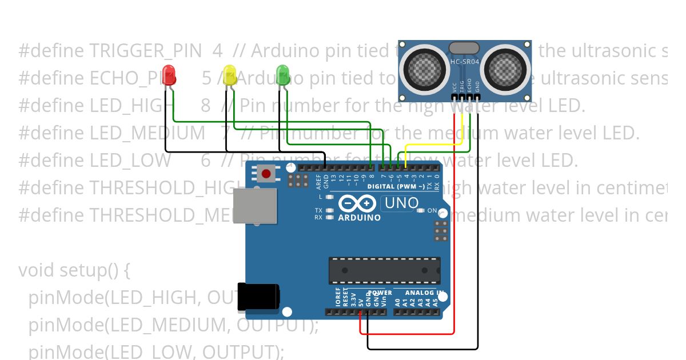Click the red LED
coord(169,75)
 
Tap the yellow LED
coord(230,75)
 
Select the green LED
coord(283,75)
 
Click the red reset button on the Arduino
coord(265,173)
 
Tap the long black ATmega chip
coord(384,270)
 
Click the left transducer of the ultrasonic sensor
coord(424,67)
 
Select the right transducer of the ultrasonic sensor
coord(506,67)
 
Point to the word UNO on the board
coord(402,203)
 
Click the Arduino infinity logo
coord(357,204)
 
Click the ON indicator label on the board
coord(432,211)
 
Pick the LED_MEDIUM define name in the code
coord(147,133)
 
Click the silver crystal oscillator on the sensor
coord(464,48)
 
